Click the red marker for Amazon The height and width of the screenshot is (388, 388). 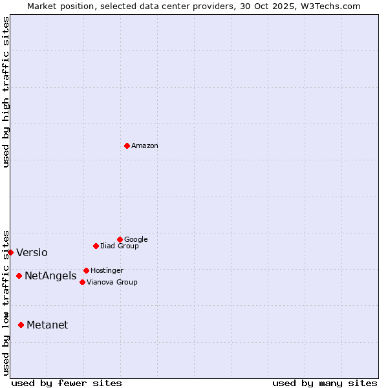[127, 145]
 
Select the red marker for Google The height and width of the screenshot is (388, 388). [120, 239]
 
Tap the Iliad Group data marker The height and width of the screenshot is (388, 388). [96, 246]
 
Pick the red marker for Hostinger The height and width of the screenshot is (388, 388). [86, 270]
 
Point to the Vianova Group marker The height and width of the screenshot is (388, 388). [82, 282]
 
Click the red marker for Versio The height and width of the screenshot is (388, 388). [11, 252]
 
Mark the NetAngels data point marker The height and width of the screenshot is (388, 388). [19, 275]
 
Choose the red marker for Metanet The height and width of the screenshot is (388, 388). [21, 325]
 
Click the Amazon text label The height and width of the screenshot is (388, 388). [145, 146]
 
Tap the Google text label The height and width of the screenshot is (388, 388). [136, 239]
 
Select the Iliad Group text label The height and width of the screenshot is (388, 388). [120, 246]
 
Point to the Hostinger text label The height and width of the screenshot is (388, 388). [107, 270]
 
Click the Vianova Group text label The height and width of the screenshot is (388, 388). [112, 282]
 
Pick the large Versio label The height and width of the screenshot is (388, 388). [32, 253]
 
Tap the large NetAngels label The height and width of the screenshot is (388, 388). [50, 276]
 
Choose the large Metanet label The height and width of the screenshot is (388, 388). [47, 325]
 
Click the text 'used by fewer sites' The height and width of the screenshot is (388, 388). [67, 383]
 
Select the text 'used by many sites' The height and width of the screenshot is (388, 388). [325, 383]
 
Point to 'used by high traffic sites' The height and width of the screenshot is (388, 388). [6, 92]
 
